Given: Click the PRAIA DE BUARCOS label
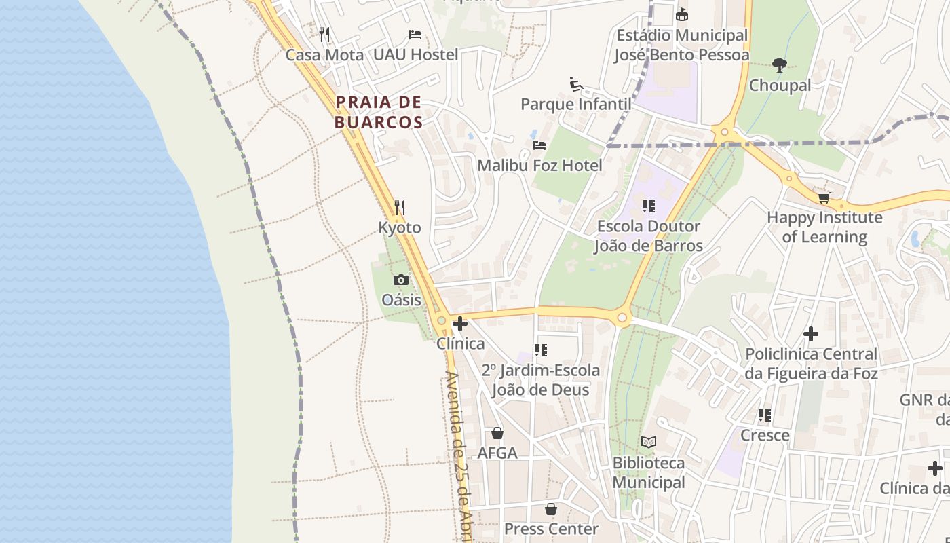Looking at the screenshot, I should [x=379, y=113].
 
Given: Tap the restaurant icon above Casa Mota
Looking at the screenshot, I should [x=324, y=34].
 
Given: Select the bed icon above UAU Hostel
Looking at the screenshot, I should [x=415, y=35].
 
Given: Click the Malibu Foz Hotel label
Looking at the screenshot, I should [x=539, y=166].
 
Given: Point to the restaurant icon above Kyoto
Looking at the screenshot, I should [x=400, y=207].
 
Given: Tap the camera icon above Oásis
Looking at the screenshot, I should [x=401, y=280].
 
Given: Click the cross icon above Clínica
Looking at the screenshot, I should [x=460, y=324].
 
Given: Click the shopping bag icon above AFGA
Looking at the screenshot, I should [x=497, y=433].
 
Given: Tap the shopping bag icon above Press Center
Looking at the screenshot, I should [x=551, y=509].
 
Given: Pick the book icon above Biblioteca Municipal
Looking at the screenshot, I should [x=649, y=443].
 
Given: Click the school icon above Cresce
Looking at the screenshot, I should [x=765, y=415].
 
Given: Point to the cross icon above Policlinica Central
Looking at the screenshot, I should [x=811, y=334].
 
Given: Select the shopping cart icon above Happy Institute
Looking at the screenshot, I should [x=824, y=198].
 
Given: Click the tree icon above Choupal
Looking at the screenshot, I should [x=780, y=65].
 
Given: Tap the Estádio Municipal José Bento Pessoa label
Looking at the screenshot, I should [x=682, y=45].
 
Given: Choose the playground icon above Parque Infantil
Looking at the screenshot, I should [x=576, y=84].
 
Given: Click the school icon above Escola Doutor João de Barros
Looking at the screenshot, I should [x=649, y=206].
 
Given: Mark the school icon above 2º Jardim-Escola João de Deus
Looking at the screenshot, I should [x=541, y=350].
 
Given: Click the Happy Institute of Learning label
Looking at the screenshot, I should [x=824, y=227].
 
